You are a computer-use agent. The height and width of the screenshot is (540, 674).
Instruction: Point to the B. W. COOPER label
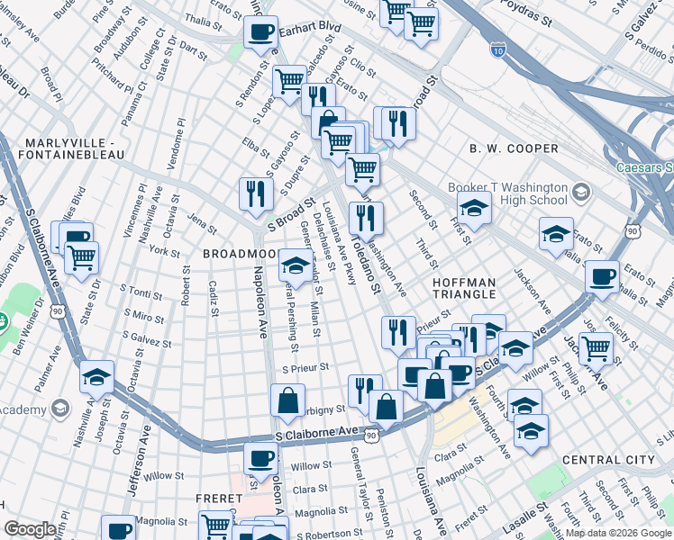pos(503,148)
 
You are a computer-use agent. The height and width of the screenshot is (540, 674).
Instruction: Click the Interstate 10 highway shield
pos(498,49)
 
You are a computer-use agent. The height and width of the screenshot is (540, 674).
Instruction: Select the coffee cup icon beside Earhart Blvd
pos(261,32)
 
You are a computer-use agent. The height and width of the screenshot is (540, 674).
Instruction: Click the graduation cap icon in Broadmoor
pos(295,264)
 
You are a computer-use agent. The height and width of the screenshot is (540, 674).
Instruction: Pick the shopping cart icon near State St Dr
pos(81,257)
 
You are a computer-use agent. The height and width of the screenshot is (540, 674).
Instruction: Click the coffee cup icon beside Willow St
pos(261,457)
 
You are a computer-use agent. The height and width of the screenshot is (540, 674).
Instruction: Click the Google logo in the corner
pos(30,529)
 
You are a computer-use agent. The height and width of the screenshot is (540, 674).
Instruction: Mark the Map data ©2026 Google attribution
pos(618,533)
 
